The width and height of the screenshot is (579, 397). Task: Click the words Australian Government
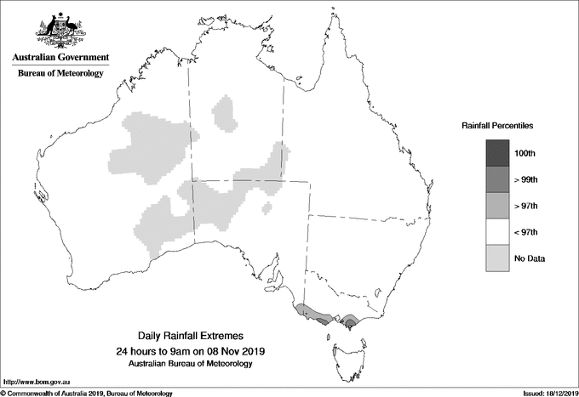[x=60, y=58]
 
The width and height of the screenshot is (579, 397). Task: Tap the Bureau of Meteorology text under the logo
[x=60, y=74]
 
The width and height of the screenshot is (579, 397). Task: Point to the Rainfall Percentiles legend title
[x=497, y=125]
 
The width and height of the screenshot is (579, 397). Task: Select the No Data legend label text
[x=530, y=258]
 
